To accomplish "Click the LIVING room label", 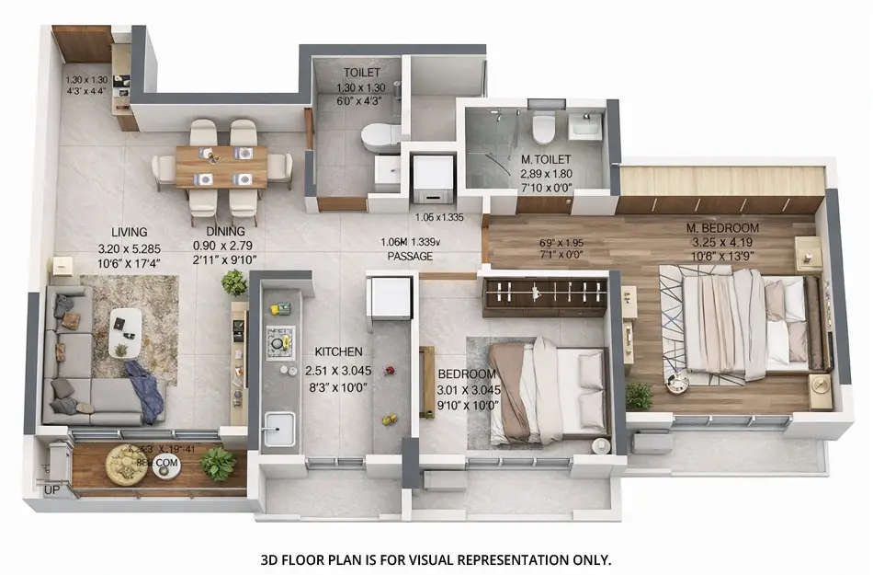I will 130,232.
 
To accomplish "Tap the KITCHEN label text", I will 338,351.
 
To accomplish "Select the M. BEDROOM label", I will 722,227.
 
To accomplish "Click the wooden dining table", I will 221,166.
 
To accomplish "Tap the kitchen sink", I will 278,428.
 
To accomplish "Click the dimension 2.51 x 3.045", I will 338,372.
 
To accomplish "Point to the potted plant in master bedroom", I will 640,396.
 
